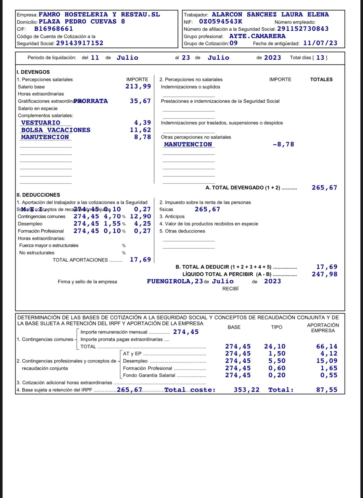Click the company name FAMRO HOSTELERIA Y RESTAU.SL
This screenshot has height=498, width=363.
click(x=99, y=15)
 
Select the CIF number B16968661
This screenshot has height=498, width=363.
click(x=53, y=29)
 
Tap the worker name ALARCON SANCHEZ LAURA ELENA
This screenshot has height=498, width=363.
click(x=270, y=15)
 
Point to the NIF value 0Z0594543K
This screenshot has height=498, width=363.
click(x=221, y=22)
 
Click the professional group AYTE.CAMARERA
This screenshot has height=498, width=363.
click(x=257, y=36)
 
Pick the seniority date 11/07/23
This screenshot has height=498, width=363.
click(x=320, y=43)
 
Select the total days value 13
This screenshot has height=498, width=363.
click(x=320, y=58)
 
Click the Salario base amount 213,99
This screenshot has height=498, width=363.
click(x=138, y=87)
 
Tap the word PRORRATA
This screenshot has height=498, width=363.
click(x=91, y=101)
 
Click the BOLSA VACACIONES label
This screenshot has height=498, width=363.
click(x=56, y=130)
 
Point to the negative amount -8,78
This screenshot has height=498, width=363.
click(x=283, y=145)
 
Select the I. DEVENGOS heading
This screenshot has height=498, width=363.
click(x=33, y=72)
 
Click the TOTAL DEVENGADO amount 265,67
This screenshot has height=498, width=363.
click(x=324, y=188)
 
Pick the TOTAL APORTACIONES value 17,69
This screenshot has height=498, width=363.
click(x=140, y=260)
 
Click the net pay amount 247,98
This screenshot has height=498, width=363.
click(x=324, y=274)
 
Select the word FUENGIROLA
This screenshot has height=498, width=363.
click(x=169, y=281)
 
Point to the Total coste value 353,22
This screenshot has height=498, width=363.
click(x=247, y=390)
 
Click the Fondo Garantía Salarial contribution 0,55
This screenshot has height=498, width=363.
click(x=328, y=375)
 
